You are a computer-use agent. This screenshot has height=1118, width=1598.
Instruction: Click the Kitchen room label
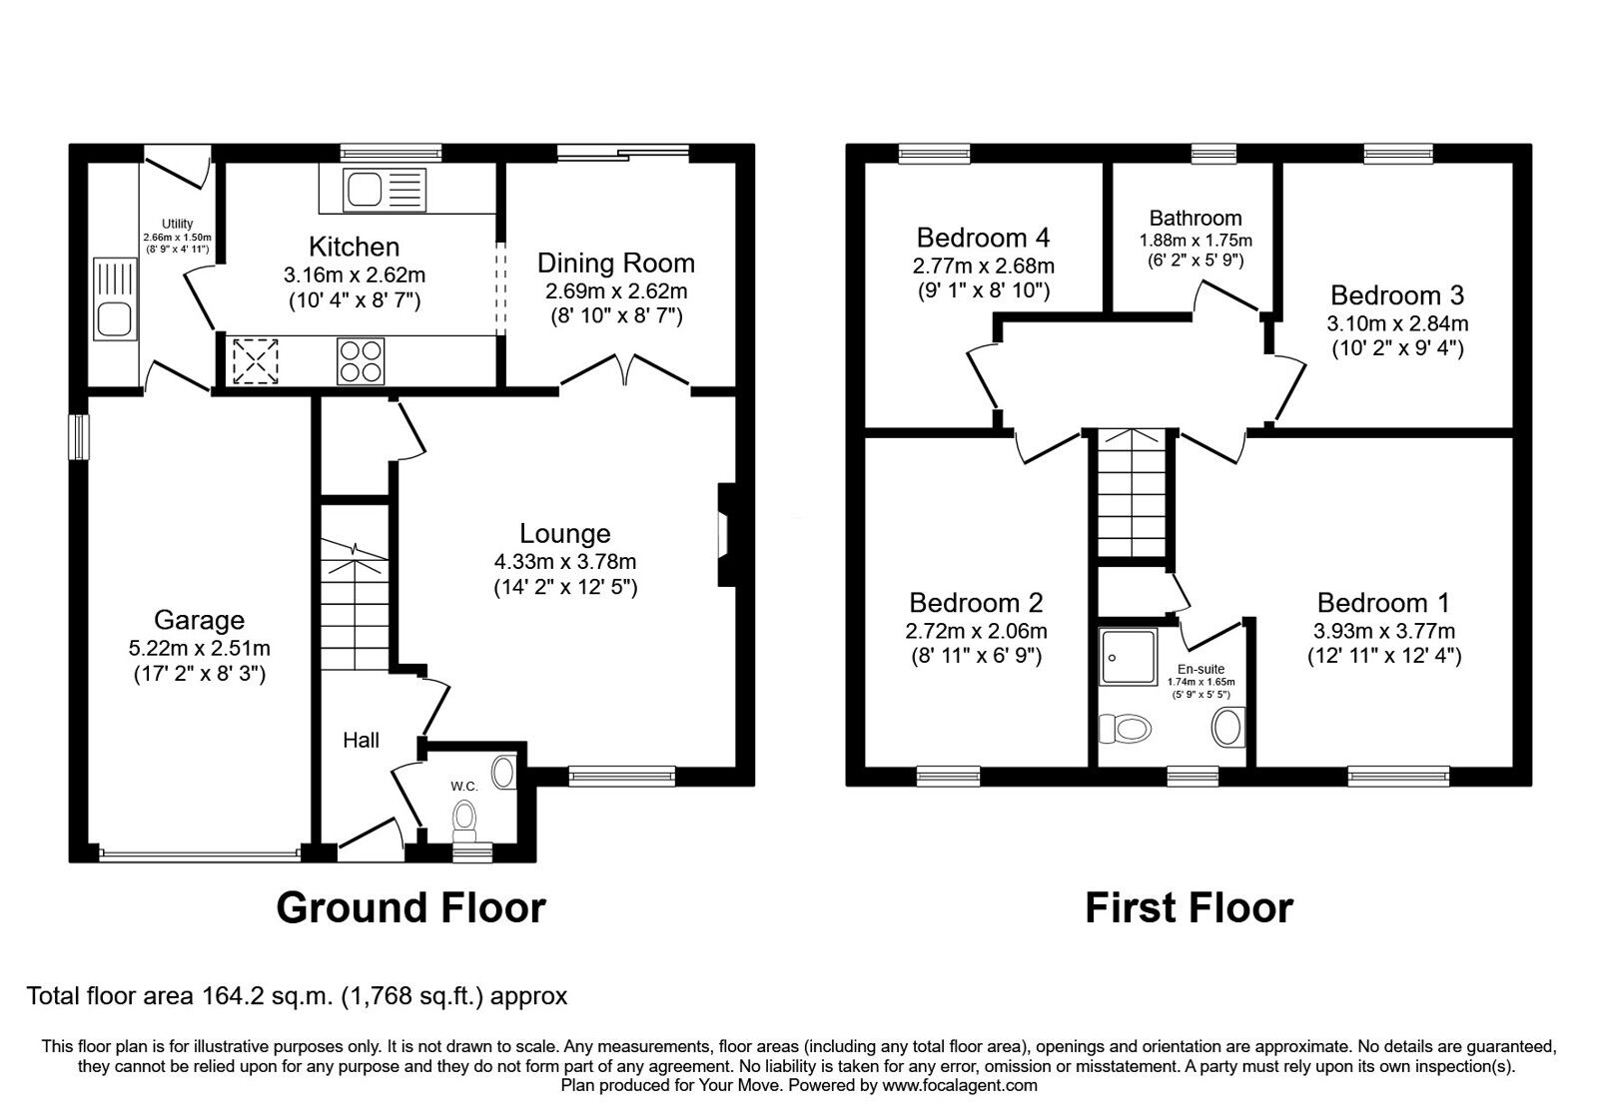(x=354, y=247)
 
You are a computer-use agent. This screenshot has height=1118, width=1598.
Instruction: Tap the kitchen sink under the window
(x=384, y=188)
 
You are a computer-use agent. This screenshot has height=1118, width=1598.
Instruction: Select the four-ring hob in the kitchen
(x=362, y=361)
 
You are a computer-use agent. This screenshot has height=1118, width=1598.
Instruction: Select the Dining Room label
(x=615, y=264)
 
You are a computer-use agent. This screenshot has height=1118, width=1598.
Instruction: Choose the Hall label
(x=361, y=740)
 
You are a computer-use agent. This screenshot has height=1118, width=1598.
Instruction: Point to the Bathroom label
(x=1196, y=218)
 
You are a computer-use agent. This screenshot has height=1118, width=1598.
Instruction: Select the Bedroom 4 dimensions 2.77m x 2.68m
(x=983, y=266)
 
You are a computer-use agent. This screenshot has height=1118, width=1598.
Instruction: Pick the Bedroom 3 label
(x=1397, y=295)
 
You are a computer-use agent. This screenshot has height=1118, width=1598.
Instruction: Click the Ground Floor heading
(x=410, y=907)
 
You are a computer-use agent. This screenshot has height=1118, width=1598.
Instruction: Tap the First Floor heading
(x=1189, y=907)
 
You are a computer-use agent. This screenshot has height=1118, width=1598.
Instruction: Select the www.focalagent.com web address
(x=959, y=1085)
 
